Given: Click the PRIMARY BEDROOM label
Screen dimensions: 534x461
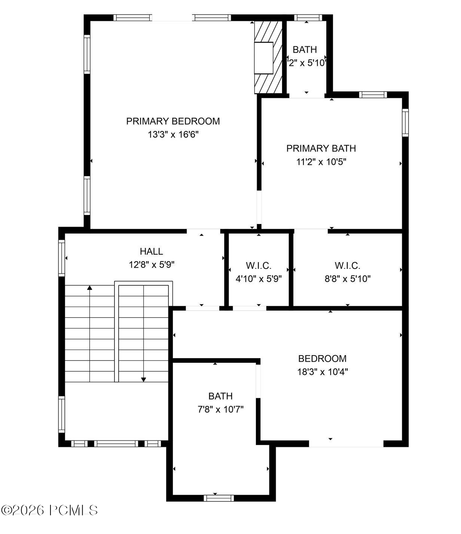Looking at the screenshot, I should [x=173, y=121].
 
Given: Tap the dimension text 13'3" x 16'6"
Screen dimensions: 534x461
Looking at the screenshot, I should [x=173, y=135].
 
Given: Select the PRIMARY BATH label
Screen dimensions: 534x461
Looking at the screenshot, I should [x=321, y=148].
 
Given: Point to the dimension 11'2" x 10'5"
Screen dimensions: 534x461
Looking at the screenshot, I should [x=321, y=162].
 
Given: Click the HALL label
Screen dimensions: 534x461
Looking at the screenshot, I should [x=152, y=251].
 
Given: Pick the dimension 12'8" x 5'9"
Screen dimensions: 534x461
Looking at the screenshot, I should [x=152, y=265].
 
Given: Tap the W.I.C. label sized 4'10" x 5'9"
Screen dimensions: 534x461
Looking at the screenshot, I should [x=259, y=266].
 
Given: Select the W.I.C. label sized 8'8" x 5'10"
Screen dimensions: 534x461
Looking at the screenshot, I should [x=348, y=266].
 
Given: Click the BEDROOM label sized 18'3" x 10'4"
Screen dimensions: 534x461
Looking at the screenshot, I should [x=323, y=359].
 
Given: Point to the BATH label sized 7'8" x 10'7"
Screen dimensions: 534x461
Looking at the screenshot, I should [x=220, y=396].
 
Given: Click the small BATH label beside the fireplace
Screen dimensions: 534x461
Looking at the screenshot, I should [x=305, y=50].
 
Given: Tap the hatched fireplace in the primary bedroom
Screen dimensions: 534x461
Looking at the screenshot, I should [x=268, y=57].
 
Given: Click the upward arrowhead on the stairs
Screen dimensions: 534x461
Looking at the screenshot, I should [x=90, y=288].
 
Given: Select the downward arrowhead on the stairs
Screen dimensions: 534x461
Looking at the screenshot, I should [x=144, y=380].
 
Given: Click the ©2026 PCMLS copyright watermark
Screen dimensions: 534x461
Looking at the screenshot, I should [x=49, y=510].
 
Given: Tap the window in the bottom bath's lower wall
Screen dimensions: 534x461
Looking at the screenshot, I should [x=219, y=498].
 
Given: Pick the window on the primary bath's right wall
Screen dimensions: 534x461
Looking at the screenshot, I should [x=405, y=123].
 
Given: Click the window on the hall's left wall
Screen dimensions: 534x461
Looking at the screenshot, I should [x=62, y=258].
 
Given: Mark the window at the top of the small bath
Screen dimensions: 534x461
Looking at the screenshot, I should [x=308, y=18].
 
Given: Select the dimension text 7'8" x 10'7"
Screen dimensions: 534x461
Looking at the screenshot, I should [x=220, y=409].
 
